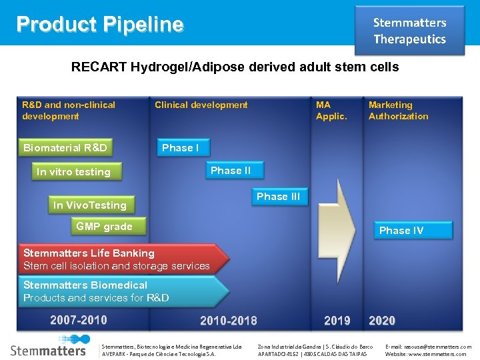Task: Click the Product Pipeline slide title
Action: pos(100,25)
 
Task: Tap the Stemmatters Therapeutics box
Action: pos(409,31)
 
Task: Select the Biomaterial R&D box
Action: pos(65,148)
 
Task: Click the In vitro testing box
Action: pos(74,172)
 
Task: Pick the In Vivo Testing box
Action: pos(90,205)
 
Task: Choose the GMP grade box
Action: pos(104,227)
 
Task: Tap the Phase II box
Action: pos(231,171)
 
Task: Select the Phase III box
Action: pos(278,197)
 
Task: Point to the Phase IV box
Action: pos(401,231)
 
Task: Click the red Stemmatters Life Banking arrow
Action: pos(120,259)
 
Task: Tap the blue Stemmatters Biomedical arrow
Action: pos(120,291)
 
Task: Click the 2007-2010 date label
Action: pos(78,320)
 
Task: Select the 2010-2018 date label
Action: pos(228,321)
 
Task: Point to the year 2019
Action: pos(337,321)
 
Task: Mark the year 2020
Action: pos(382,321)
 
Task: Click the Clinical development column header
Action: pos(201,105)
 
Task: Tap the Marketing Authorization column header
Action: pos(398,110)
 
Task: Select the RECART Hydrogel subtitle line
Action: pos(235,67)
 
